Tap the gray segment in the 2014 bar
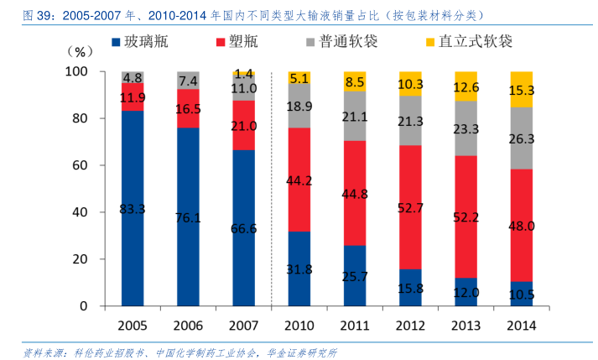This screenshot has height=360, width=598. click(x=522, y=138)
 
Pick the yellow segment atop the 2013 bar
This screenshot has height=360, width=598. click(x=466, y=86)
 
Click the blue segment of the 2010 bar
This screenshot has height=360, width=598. click(x=299, y=269)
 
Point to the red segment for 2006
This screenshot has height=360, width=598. click(x=188, y=108)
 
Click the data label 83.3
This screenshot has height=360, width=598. click(x=133, y=208)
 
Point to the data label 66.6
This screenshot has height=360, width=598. click(x=243, y=228)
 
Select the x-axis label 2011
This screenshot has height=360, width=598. click(x=355, y=325)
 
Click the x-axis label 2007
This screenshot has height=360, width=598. click(x=243, y=325)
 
